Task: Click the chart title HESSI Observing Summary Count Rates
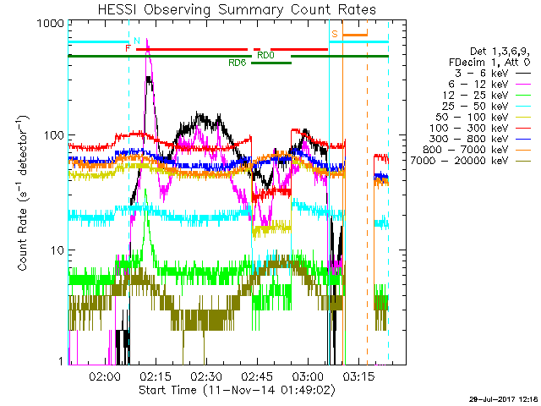tap(237, 9)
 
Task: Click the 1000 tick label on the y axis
tap(51, 24)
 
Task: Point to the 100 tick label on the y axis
tap(54, 135)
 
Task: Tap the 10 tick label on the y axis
tap(57, 250)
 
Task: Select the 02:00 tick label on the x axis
tap(105, 376)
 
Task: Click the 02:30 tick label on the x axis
tap(206, 376)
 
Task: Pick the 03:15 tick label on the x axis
tap(358, 376)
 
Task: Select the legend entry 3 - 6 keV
tap(481, 74)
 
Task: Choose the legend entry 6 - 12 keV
tap(478, 85)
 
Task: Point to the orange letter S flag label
tap(335, 34)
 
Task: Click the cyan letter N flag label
tap(137, 41)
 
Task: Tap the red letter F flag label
tap(128, 48)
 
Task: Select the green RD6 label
tap(237, 63)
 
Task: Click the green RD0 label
tap(265, 55)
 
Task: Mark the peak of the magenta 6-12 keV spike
tap(147, 38)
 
